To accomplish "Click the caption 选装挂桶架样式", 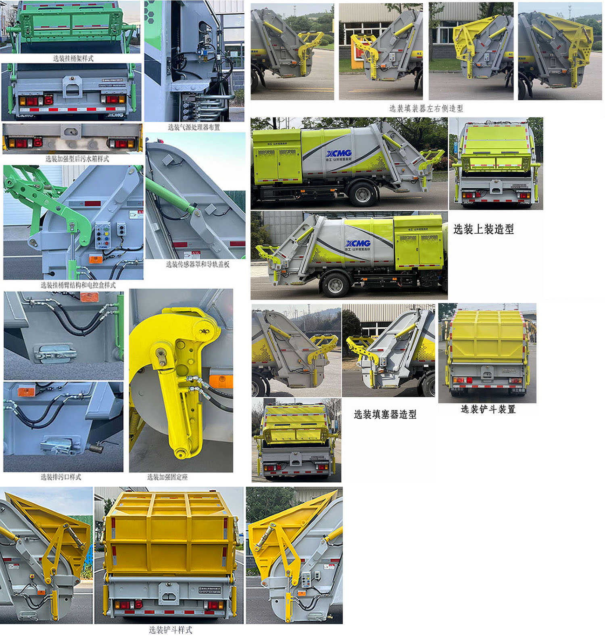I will tap(73, 58).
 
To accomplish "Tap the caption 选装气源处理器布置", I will tap(194, 127).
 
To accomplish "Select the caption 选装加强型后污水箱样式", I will tap(77, 159).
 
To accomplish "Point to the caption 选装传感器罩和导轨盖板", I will tap(198, 264).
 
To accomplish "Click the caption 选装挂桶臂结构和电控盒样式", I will tap(78, 285).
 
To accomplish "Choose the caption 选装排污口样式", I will tap(61, 477).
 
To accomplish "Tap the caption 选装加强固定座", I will tap(167, 477).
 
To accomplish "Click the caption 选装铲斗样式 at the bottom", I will tap(170, 630).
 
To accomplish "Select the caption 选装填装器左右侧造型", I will tap(426, 108).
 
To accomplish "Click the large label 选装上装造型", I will tap(484, 229).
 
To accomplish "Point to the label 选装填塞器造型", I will tap(385, 414).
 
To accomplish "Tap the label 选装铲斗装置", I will tap(488, 409).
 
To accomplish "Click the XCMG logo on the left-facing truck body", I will tap(339, 154).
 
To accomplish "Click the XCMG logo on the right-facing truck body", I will tap(358, 243).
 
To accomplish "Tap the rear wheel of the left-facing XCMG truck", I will tap(363, 194).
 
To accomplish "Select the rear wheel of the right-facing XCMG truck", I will tap(335, 285).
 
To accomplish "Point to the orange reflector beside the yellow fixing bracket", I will tap(221, 381).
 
